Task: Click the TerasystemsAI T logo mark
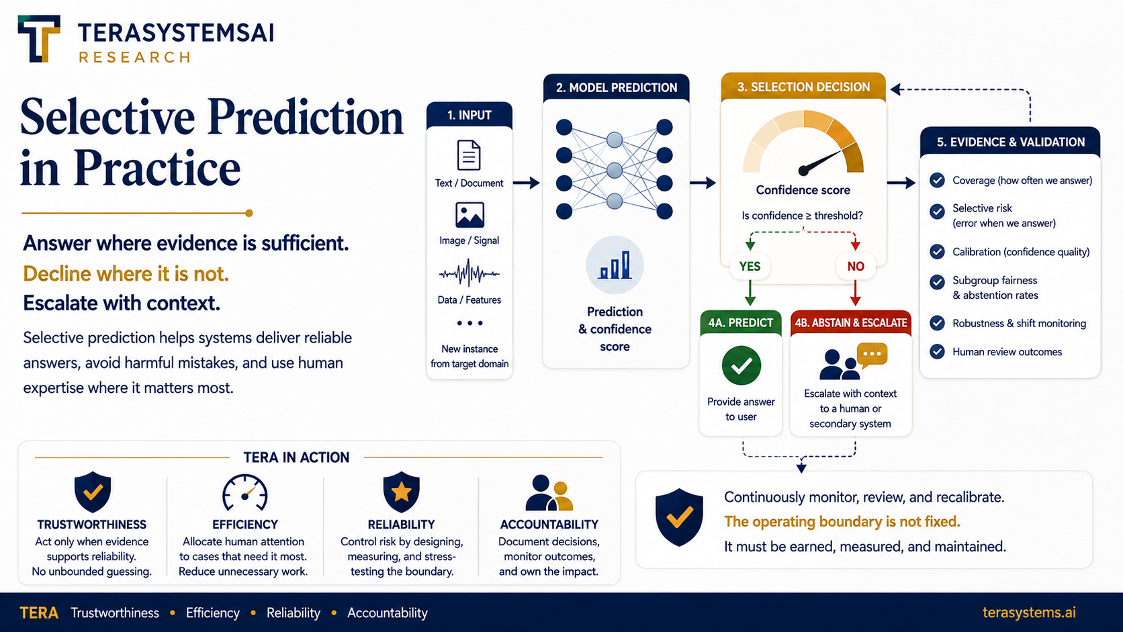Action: pyautogui.click(x=39, y=38)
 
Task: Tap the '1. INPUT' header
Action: pyautogui.click(x=469, y=116)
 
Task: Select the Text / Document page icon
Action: pyautogui.click(x=469, y=155)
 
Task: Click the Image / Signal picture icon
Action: pyautogui.click(x=469, y=215)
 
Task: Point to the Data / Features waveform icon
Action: pyautogui.click(x=469, y=273)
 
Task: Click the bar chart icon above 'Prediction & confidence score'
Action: pyautogui.click(x=615, y=265)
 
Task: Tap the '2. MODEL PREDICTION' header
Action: pyautogui.click(x=616, y=88)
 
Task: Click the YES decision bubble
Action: pyautogui.click(x=750, y=266)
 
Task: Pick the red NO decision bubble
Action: pyautogui.click(x=856, y=266)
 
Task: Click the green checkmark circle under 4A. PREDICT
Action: pyautogui.click(x=742, y=365)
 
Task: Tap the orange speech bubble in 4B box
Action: pyautogui.click(x=872, y=355)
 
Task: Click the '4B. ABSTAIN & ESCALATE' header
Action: pyautogui.click(x=851, y=323)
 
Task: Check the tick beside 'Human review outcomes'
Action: pyautogui.click(x=937, y=352)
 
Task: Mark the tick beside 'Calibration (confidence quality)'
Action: pyautogui.click(x=937, y=252)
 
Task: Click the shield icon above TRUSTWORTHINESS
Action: pyautogui.click(x=93, y=492)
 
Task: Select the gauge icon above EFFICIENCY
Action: pyautogui.click(x=244, y=492)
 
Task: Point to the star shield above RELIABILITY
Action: pyautogui.click(x=401, y=492)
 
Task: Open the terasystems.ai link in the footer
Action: pyautogui.click(x=1029, y=613)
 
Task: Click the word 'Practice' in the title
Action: pyautogui.click(x=157, y=167)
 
